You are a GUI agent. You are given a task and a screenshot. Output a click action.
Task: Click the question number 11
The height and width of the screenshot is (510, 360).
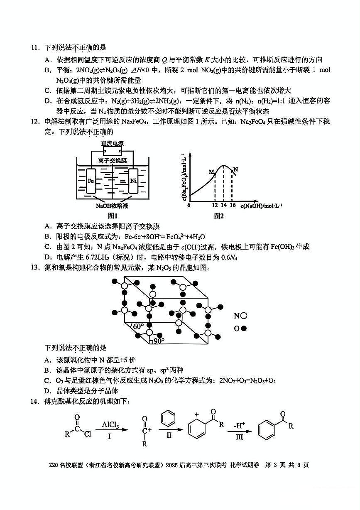pyautogui.click(x=34, y=49)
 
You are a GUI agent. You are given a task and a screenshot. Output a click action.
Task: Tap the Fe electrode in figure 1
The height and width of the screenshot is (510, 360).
pyautogui.click(x=92, y=181)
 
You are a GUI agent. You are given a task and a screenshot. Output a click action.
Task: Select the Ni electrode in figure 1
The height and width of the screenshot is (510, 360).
pyautogui.click(x=133, y=181)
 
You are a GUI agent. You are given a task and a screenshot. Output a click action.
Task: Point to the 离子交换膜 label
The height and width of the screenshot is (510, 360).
pyautogui.click(x=113, y=160)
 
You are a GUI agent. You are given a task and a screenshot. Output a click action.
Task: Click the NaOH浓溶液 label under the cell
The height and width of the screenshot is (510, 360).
pyautogui.click(x=112, y=206)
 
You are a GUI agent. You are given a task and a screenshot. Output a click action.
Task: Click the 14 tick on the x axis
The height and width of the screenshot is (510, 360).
pyautogui.click(x=223, y=205)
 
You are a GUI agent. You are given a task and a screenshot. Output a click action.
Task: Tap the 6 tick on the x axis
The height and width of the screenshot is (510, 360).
pyautogui.click(x=189, y=205)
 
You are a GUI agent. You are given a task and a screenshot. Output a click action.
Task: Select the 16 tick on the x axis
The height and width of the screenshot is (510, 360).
pyautogui.click(x=232, y=205)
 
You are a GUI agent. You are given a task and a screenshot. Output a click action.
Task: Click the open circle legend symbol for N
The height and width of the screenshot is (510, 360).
pyautogui.click(x=244, y=316)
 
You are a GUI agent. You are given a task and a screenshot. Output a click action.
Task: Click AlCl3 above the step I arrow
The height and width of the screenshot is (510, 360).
pyautogui.click(x=110, y=425)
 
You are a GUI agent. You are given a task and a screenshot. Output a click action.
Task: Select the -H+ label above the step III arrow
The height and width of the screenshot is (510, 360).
pyautogui.click(x=239, y=425)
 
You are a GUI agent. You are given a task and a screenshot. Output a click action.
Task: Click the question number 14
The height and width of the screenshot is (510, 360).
pyautogui.click(x=34, y=401)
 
